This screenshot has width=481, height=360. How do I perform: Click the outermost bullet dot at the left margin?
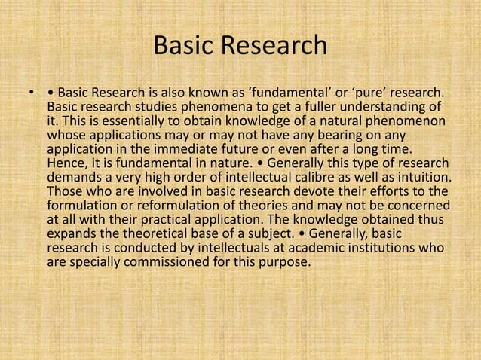point(32,94)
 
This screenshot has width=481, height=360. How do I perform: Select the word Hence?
point(66,162)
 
